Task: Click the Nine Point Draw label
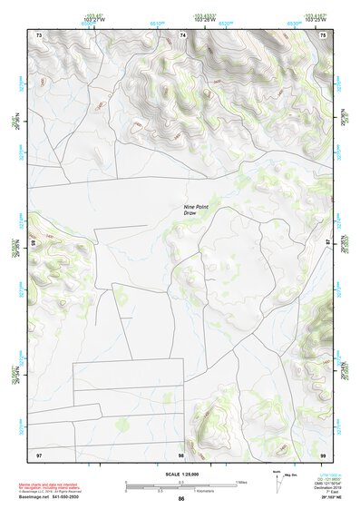click(197, 210)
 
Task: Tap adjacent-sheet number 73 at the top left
click(39, 34)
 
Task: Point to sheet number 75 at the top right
click(323, 34)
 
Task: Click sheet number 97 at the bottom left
click(39, 453)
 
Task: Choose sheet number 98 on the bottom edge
click(181, 453)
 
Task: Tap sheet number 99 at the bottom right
click(323, 453)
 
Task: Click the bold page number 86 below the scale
click(181, 499)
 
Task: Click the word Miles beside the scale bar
click(241, 482)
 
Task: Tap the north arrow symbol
click(276, 479)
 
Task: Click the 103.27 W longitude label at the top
click(95, 19)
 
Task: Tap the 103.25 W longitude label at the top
click(315, 19)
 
